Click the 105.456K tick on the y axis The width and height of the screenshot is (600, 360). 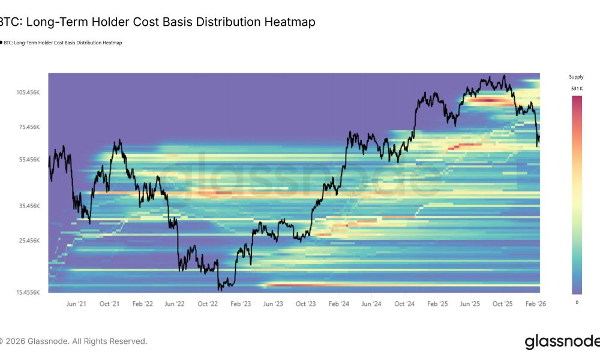pyautogui.click(x=28, y=92)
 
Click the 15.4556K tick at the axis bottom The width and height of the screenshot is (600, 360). pyautogui.click(x=28, y=292)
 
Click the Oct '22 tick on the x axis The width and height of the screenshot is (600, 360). pyautogui.click(x=207, y=304)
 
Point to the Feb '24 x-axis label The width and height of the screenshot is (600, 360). pyautogui.click(x=338, y=304)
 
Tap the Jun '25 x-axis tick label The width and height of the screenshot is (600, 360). pyautogui.click(x=470, y=304)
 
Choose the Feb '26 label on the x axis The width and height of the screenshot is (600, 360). pyautogui.click(x=536, y=304)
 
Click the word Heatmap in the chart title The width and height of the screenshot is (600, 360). pyautogui.click(x=289, y=22)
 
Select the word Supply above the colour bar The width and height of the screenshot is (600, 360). pyautogui.click(x=576, y=77)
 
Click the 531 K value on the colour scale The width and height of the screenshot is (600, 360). pyautogui.click(x=576, y=89)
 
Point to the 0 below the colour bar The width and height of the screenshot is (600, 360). pyautogui.click(x=577, y=302)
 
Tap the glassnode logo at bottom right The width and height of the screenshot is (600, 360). pyautogui.click(x=562, y=342)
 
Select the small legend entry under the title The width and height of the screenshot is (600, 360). pyautogui.click(x=62, y=43)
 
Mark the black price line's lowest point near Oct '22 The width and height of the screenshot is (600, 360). pyautogui.click(x=220, y=290)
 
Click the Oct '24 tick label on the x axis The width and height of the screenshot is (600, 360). pyautogui.click(x=404, y=304)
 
